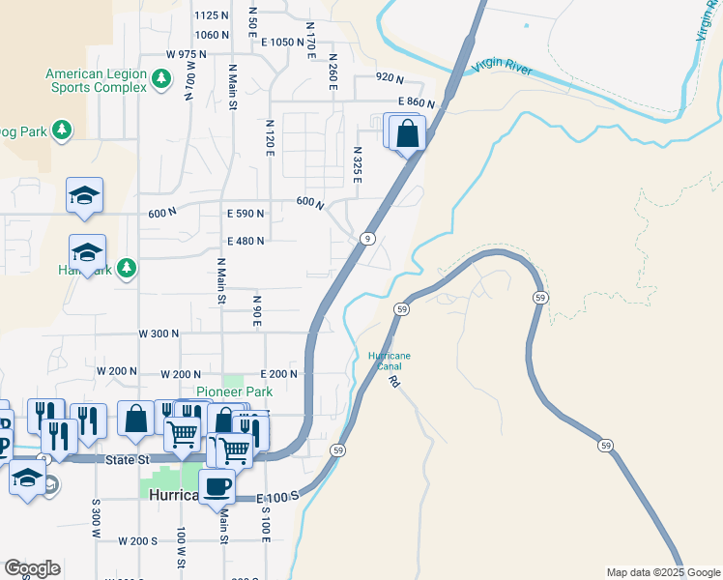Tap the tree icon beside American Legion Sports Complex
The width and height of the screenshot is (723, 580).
point(162,79)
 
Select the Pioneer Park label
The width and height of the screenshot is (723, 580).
point(234,391)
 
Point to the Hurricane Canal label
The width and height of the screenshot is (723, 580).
point(389,361)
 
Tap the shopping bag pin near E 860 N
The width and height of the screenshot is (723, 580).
point(408,133)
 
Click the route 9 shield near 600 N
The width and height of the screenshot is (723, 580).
point(368,238)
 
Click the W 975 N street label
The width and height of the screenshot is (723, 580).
point(187,54)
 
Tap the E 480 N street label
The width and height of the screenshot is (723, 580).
point(246,242)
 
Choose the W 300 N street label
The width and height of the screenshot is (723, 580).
point(159,333)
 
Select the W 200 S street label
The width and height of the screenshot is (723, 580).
point(137,540)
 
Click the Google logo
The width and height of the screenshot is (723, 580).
point(32,568)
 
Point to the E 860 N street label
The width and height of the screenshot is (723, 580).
point(416,101)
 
